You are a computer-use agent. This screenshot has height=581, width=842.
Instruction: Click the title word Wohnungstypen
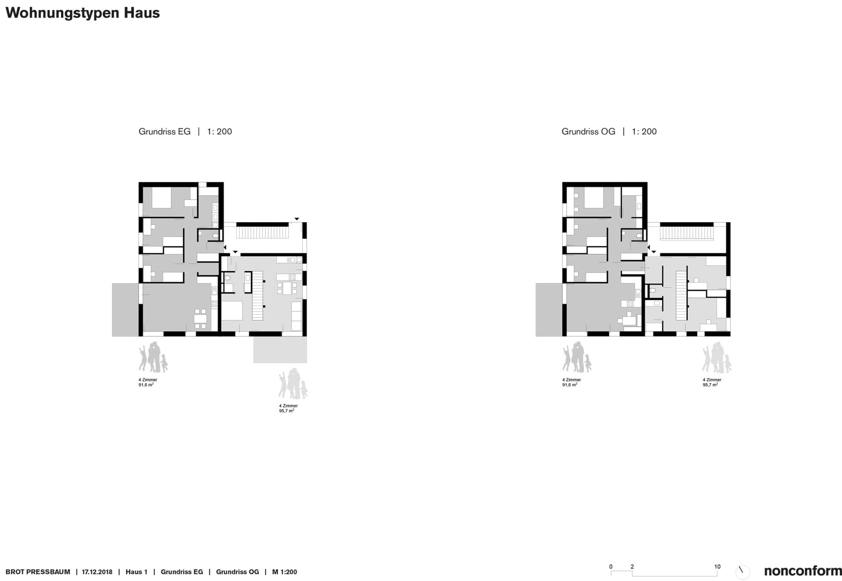(x=62, y=13)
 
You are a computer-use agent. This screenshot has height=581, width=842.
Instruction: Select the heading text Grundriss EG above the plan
(x=165, y=131)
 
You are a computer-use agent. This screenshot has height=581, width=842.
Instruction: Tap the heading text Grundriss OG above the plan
(x=588, y=131)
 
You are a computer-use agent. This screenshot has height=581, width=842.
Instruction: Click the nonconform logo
(x=802, y=571)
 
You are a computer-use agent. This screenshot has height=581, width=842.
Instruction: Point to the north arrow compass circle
(x=742, y=572)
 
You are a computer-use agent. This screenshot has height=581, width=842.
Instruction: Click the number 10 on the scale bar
(x=717, y=567)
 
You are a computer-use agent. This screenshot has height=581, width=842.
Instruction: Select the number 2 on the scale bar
(x=632, y=567)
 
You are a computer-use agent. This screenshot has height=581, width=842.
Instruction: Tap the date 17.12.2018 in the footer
(x=97, y=572)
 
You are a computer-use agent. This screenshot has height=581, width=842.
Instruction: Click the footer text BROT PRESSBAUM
(x=38, y=572)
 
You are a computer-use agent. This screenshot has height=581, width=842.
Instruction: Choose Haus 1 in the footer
(x=136, y=572)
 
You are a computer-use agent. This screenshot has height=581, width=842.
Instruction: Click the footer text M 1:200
(x=285, y=572)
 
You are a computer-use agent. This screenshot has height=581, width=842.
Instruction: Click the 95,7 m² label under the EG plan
(x=286, y=411)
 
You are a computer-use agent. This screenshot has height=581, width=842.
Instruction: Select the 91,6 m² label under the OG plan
(x=570, y=385)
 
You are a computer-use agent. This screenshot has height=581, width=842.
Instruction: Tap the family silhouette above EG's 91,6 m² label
(x=153, y=357)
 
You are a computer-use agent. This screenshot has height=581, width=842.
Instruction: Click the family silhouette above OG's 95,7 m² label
(x=717, y=357)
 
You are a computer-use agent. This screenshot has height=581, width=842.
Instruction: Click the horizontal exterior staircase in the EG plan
(x=262, y=233)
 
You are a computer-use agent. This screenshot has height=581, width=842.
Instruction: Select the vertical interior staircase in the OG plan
(x=681, y=296)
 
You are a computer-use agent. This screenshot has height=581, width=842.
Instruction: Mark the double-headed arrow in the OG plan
(x=645, y=268)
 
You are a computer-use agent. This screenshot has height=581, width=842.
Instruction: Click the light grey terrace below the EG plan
(x=280, y=349)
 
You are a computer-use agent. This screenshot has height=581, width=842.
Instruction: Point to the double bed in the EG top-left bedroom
(x=161, y=198)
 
